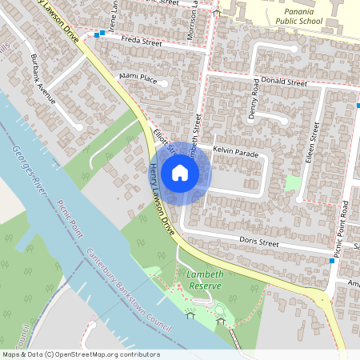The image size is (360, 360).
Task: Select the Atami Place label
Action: [x=138, y=78]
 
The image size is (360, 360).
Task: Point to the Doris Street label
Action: [x=258, y=242]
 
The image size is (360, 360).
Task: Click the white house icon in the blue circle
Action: [x=180, y=172]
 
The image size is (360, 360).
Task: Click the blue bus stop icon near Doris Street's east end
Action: [x=331, y=261]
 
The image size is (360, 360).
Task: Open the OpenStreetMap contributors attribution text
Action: [x=80, y=354]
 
